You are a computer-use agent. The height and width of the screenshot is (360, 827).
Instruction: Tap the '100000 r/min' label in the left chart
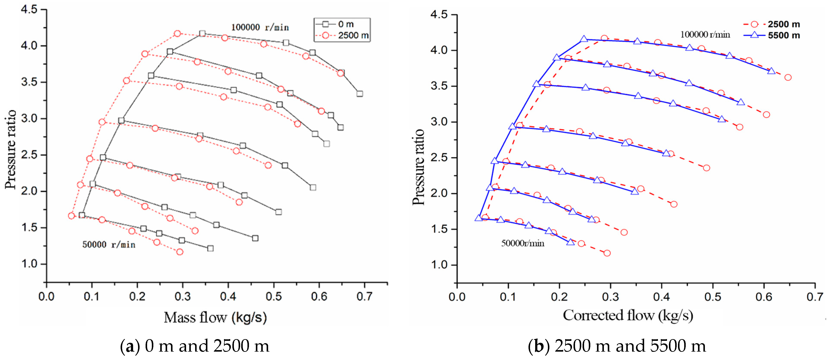pos(260,28)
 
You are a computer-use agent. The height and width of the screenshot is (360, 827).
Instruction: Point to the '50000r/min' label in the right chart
pos(523,243)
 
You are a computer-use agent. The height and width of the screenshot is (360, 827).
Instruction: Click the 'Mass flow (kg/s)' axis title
pos(215,317)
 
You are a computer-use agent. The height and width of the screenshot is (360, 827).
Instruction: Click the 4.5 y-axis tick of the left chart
pos(29,10)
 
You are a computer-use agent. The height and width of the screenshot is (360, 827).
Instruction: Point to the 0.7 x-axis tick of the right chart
pos(815,297)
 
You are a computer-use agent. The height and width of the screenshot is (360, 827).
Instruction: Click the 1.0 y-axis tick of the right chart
pos(439,265)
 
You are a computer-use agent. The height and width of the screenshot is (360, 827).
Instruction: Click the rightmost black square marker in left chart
pos(360,94)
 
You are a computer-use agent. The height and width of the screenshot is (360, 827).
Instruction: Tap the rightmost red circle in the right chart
pos(788,77)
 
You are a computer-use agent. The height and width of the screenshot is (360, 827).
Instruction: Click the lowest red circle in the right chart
pos(607,253)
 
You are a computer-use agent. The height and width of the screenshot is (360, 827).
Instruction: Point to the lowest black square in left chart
pos(210,248)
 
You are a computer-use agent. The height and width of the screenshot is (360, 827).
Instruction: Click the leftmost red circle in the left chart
pos(71,216)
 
